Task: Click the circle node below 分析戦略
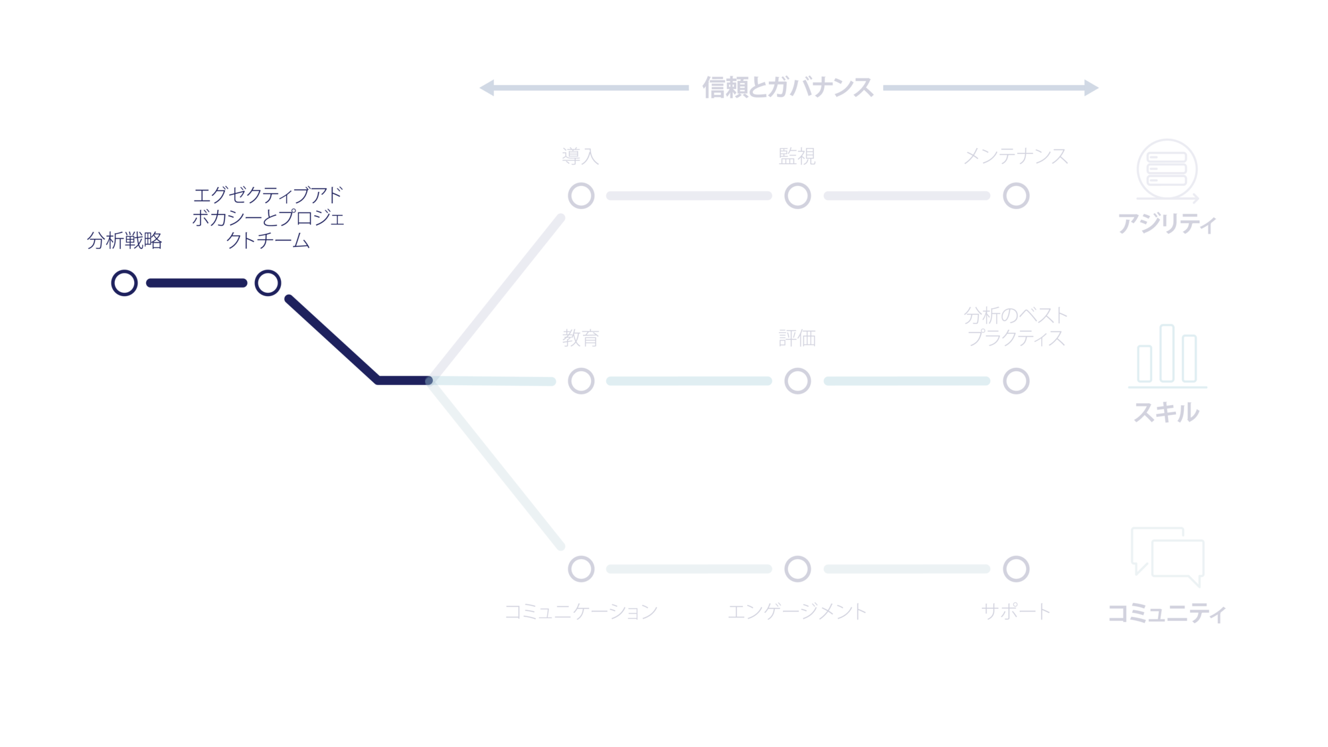coord(124,283)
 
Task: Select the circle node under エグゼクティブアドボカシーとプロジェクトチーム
coord(268,283)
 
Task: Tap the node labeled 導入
coord(581,196)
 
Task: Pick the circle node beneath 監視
coord(797,196)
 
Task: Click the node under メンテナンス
coord(1016,196)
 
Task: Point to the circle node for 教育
coord(581,381)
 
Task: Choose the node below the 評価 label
coord(797,381)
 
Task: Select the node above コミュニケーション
coord(581,569)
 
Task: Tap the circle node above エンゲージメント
coord(797,569)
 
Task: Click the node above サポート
coord(1016,569)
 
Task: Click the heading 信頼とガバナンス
coord(788,88)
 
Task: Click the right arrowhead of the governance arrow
coord(1091,88)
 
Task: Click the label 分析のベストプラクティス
coord(1016,326)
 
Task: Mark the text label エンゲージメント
coord(797,612)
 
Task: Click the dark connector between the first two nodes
coord(196,283)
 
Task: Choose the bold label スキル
coord(1167,413)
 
